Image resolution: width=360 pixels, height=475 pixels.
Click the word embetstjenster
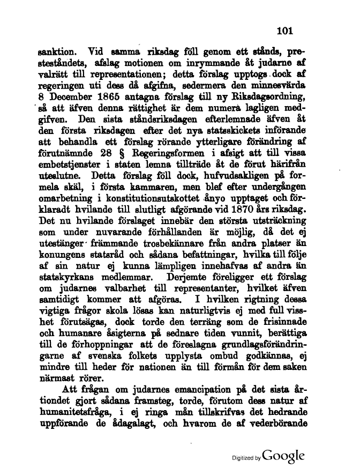click(72, 166)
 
